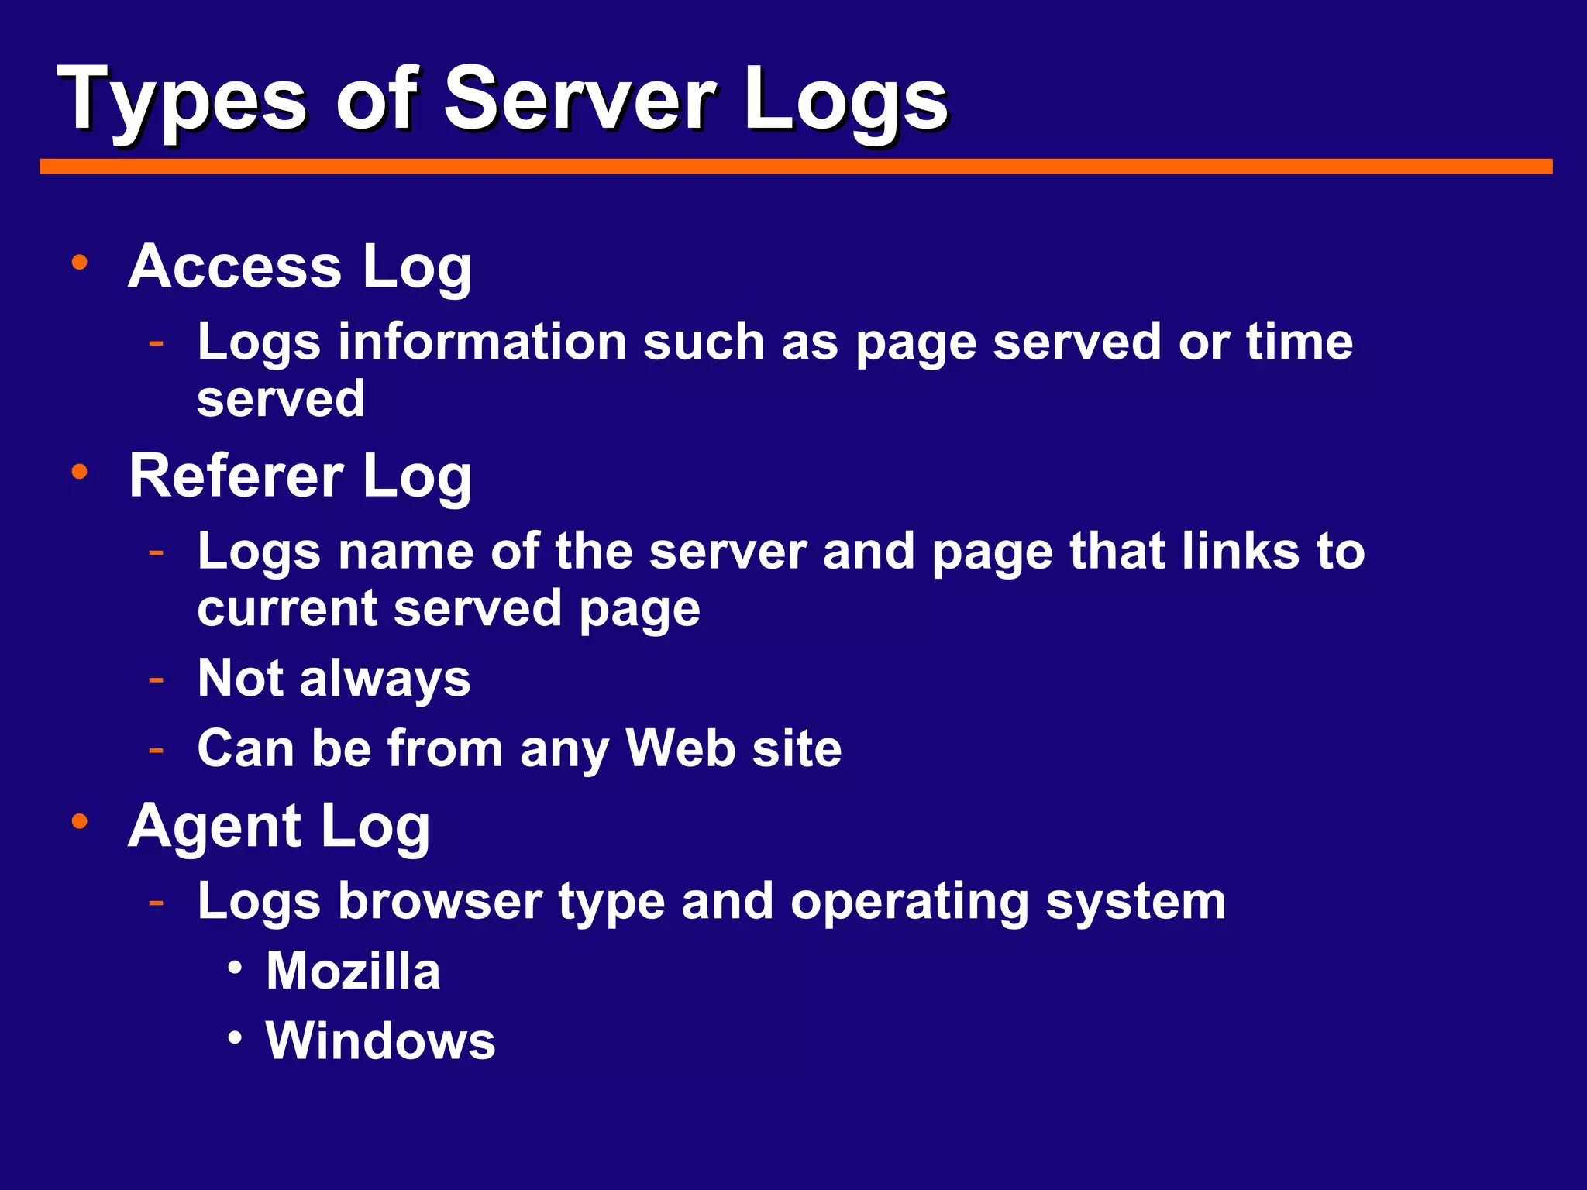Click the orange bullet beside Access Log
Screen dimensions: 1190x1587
[79, 263]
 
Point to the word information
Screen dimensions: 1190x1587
[482, 342]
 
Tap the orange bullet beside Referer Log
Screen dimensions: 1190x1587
[79, 472]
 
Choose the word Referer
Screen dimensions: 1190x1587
[236, 476]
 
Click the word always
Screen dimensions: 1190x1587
[384, 679]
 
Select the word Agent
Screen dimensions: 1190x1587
[215, 827]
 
